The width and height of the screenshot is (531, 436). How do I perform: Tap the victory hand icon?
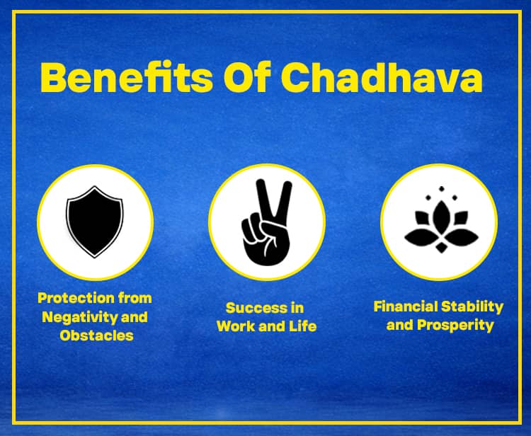pos(266,221)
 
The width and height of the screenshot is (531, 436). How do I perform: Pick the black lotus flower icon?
pos(439,222)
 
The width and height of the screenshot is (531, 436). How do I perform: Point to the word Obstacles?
pos(96,335)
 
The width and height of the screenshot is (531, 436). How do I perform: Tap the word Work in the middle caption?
pos(236,326)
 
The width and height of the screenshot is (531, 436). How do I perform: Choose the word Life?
pos(301,326)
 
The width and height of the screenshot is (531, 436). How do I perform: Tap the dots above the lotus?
pos(439,190)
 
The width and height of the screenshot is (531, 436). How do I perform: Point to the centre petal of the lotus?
pos(439,216)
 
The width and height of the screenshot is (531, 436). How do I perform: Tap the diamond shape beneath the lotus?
pos(439,249)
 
